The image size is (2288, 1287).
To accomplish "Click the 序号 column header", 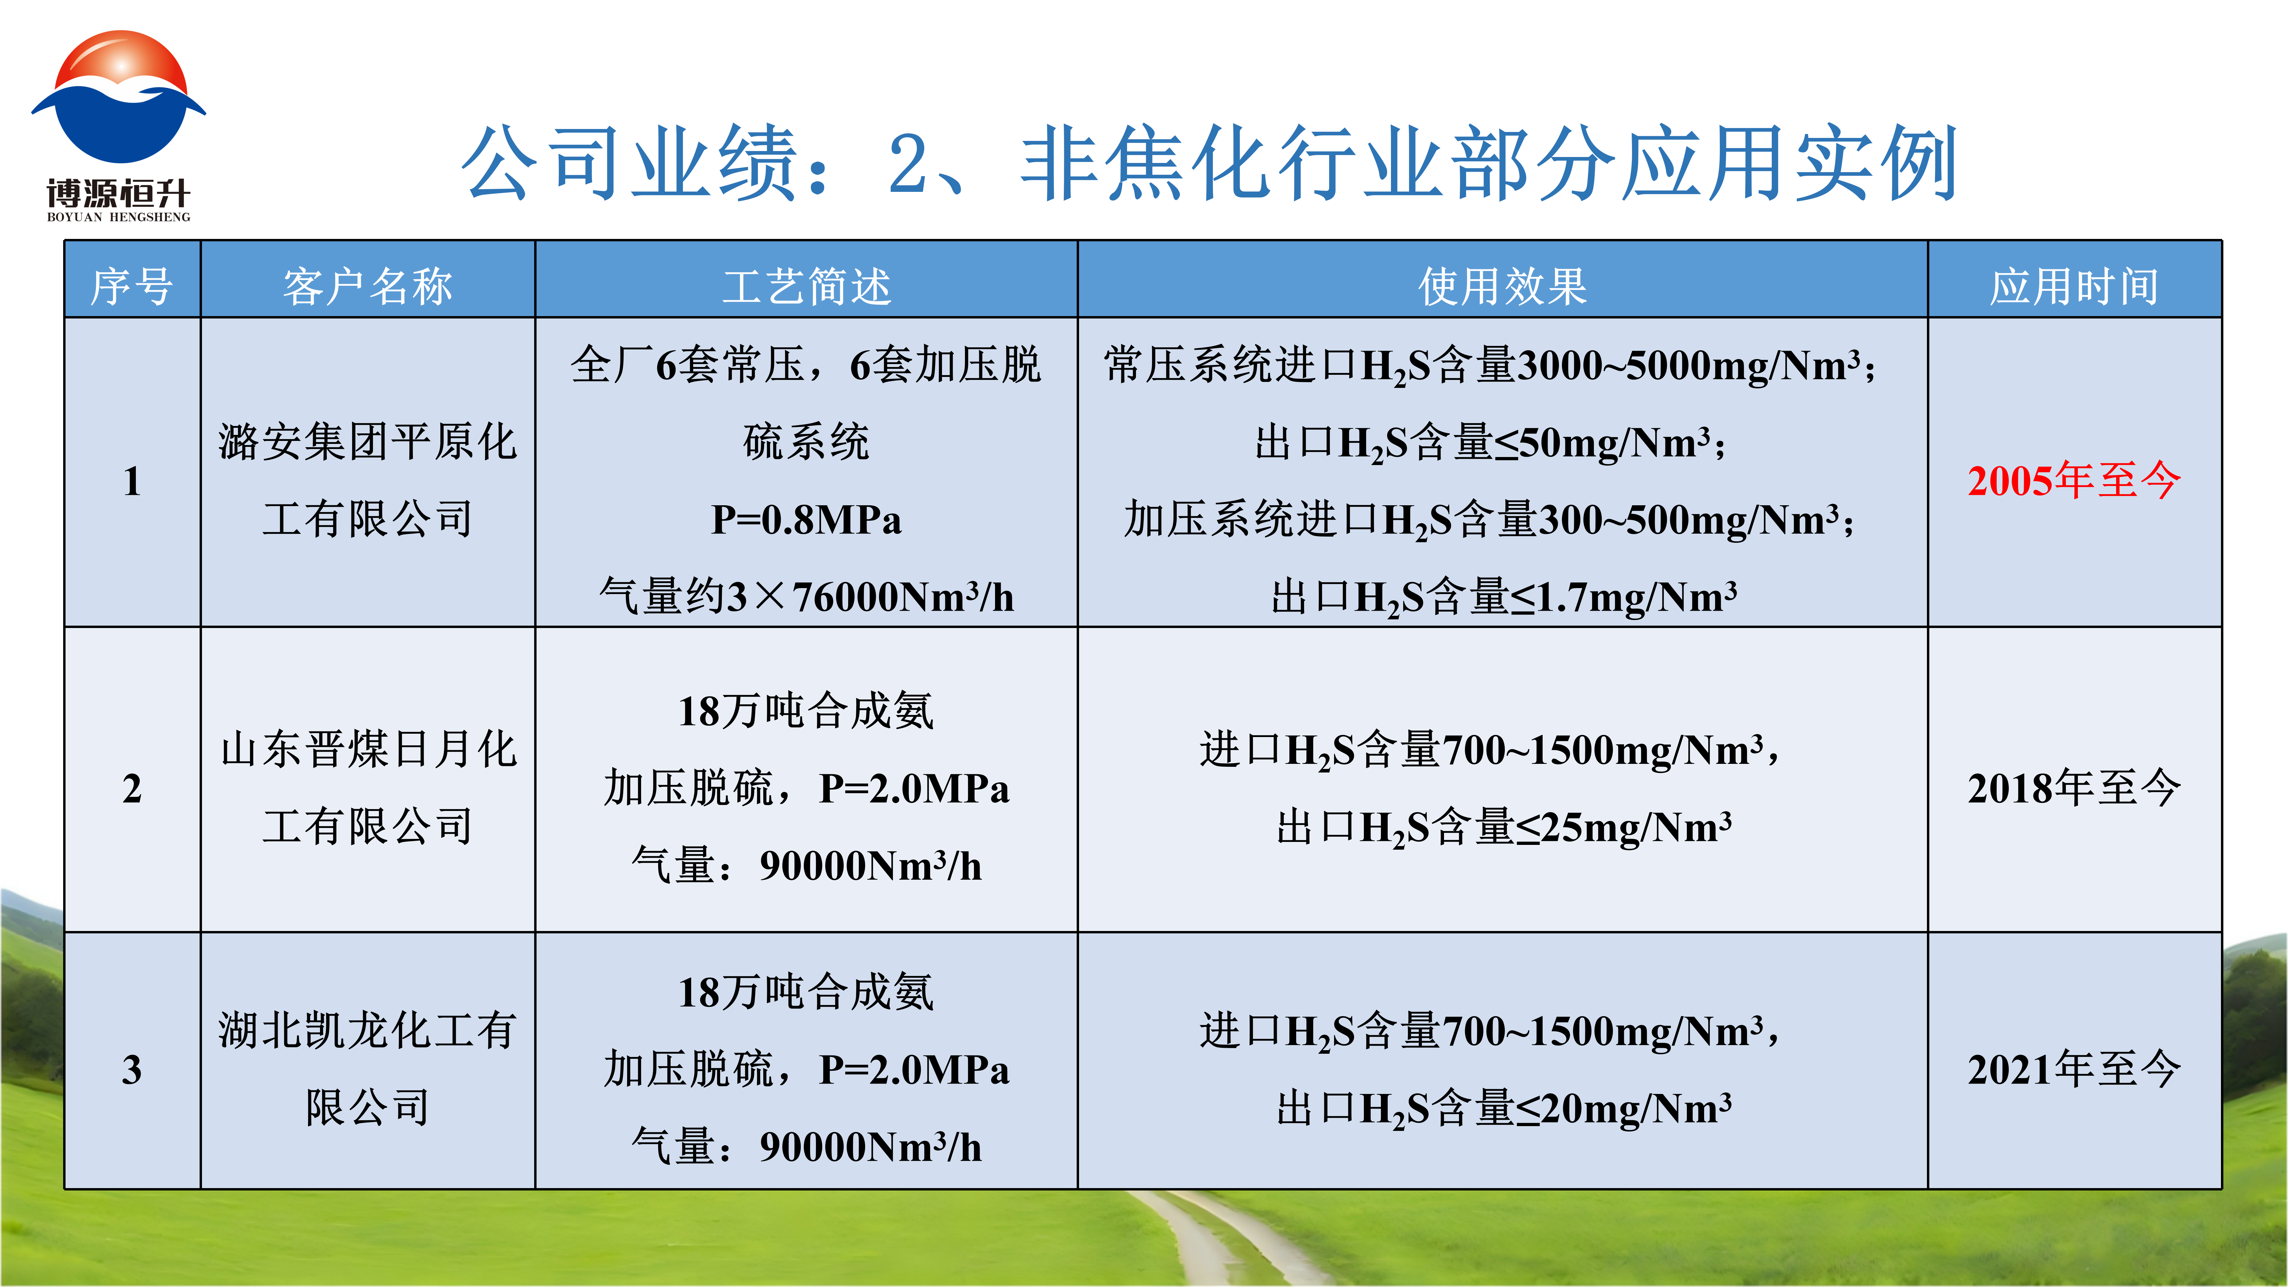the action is coord(131,286).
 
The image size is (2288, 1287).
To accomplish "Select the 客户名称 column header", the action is coord(368,286).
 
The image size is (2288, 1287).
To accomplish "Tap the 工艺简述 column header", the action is coord(806,286).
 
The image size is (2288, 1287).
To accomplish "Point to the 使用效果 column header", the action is coord(1503,286).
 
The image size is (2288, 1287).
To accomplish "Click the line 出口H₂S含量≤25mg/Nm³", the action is coord(1503,827).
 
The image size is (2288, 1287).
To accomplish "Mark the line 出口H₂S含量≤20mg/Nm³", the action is coord(1503,1108).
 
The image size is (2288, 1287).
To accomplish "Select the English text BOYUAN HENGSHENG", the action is coord(118,217).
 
